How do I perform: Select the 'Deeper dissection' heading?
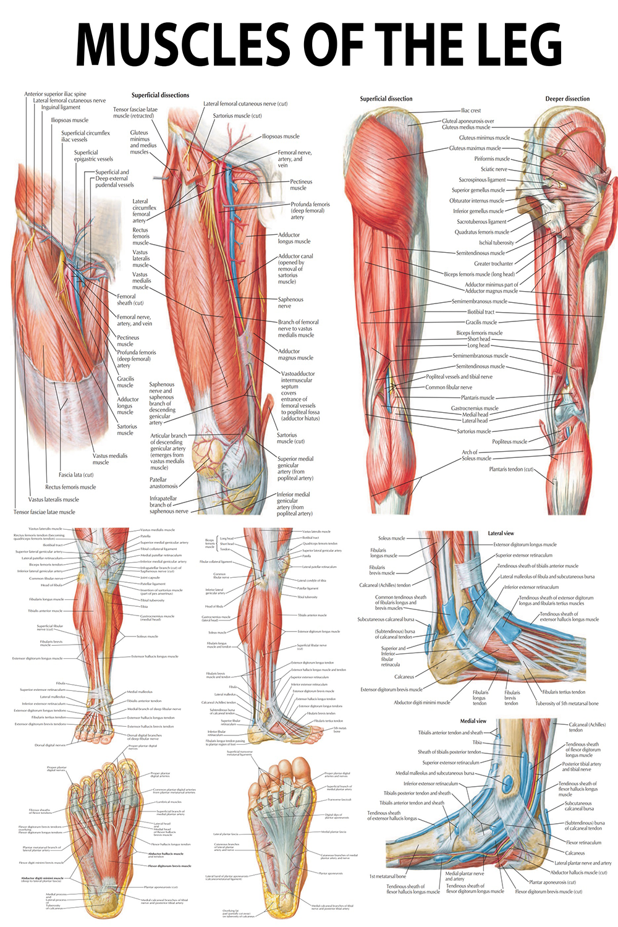click(567, 99)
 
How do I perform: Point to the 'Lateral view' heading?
click(501, 533)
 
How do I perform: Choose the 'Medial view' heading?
click(473, 721)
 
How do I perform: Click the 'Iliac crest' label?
click(471, 111)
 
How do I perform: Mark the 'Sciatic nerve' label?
click(494, 169)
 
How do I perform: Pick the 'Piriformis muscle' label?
click(492, 159)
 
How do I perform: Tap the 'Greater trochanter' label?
click(493, 264)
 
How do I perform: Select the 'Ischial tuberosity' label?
click(496, 243)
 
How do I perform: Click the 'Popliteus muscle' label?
click(509, 442)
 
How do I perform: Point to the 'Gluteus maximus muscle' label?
click(475, 148)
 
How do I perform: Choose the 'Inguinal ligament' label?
click(61, 108)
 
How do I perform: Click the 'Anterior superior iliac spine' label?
click(55, 95)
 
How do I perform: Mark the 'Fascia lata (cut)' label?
click(76, 475)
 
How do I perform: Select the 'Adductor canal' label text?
click(295, 256)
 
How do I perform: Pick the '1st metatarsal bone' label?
click(387, 876)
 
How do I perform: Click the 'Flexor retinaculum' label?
click(583, 842)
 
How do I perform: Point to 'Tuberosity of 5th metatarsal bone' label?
click(566, 703)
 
